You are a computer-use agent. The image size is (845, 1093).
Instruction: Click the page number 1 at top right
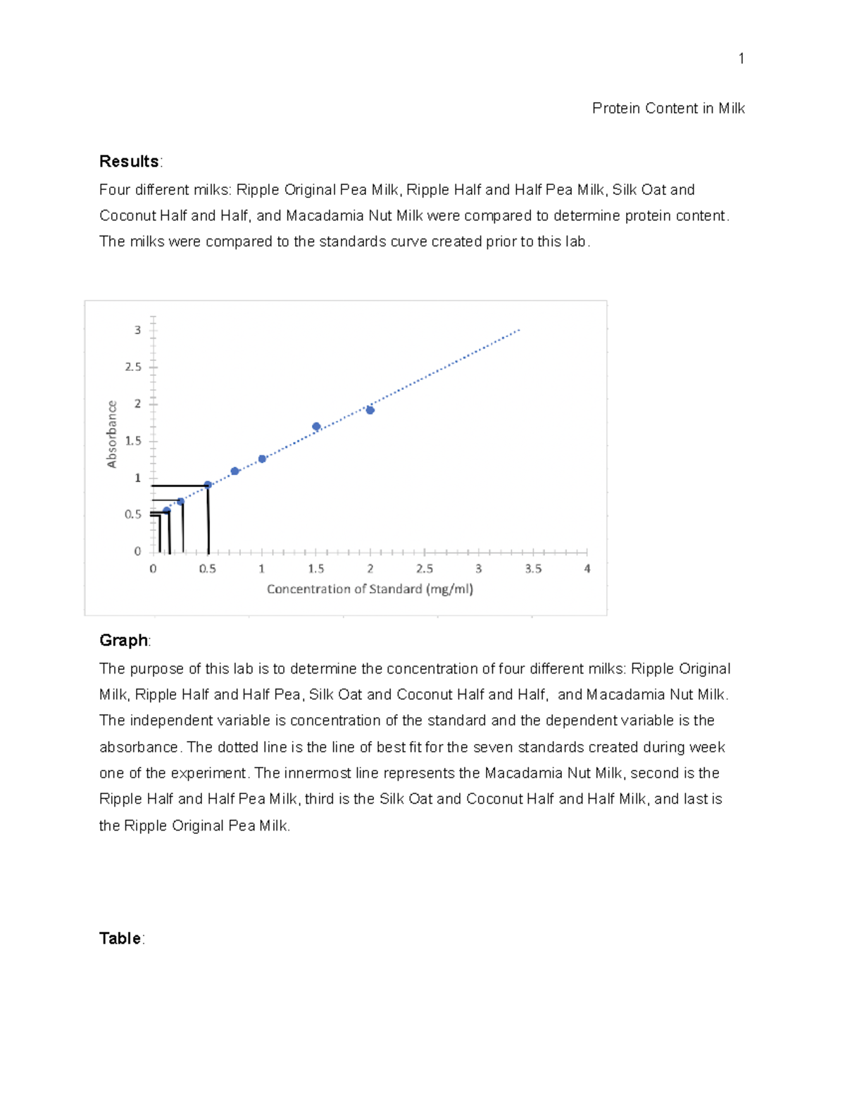point(741,58)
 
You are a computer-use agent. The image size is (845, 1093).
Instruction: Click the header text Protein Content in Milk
point(668,108)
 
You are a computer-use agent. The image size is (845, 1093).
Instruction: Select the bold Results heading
point(129,161)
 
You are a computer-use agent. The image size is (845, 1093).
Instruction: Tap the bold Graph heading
point(123,640)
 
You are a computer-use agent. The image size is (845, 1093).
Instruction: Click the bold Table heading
point(120,938)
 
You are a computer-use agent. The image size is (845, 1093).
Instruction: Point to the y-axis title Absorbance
point(111,434)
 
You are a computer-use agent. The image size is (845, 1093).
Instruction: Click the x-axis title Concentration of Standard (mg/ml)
point(370,589)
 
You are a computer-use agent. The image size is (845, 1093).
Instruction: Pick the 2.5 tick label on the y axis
point(133,367)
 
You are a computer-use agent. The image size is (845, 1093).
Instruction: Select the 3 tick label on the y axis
point(138,330)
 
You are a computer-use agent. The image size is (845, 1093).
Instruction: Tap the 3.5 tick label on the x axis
point(533,569)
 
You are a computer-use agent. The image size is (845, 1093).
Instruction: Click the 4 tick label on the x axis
point(587,569)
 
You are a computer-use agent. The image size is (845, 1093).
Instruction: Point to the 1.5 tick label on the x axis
point(316,569)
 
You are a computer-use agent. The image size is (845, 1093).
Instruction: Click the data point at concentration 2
point(370,410)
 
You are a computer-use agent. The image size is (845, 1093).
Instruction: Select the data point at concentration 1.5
point(316,427)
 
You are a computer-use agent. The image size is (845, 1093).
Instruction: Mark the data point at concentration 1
point(262,459)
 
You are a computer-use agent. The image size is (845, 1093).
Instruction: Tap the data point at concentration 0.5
point(208,485)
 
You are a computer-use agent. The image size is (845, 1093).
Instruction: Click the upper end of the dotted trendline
point(519,329)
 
